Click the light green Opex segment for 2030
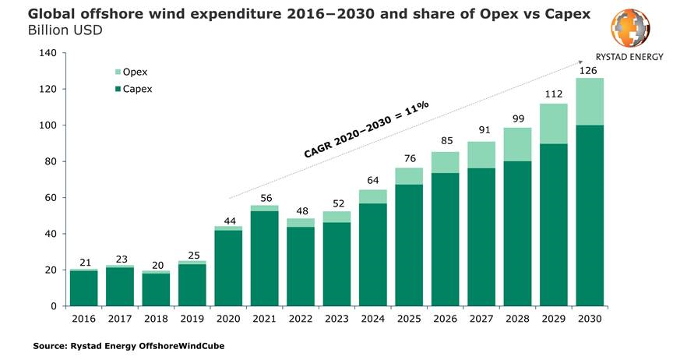[x=589, y=101]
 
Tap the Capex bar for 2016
[x=83, y=288]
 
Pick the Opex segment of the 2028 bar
[x=516, y=144]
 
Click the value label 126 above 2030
[x=589, y=70]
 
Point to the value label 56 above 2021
[x=264, y=198]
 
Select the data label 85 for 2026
[x=445, y=142]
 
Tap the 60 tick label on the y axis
[x=49, y=198]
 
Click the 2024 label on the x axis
[x=372, y=318]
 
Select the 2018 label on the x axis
[x=155, y=318]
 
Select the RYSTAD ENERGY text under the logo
[x=629, y=57]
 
